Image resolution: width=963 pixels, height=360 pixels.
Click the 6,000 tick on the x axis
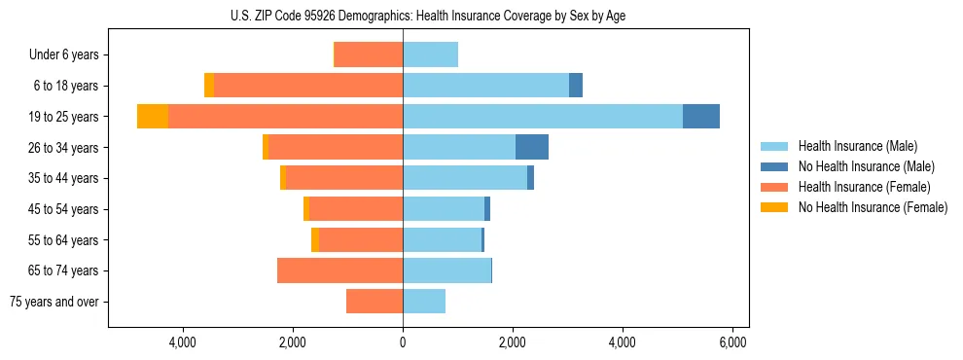point(731,342)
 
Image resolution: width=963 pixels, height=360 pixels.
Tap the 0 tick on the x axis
point(403,342)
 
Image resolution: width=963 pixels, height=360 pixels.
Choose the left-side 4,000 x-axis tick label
point(183,342)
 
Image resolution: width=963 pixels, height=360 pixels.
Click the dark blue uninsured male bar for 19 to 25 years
point(701,117)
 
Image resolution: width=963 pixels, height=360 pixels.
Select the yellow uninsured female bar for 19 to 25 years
point(153,117)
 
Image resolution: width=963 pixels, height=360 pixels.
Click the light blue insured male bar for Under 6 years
point(430,55)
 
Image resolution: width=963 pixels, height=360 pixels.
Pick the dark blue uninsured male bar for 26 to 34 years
point(532,148)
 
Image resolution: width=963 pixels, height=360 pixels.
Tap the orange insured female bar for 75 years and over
point(374,302)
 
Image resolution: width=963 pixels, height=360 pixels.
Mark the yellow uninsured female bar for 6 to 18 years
point(209,86)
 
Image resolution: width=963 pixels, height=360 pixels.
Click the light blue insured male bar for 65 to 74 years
point(446,270)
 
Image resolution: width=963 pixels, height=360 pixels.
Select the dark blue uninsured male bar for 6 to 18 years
point(576,86)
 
